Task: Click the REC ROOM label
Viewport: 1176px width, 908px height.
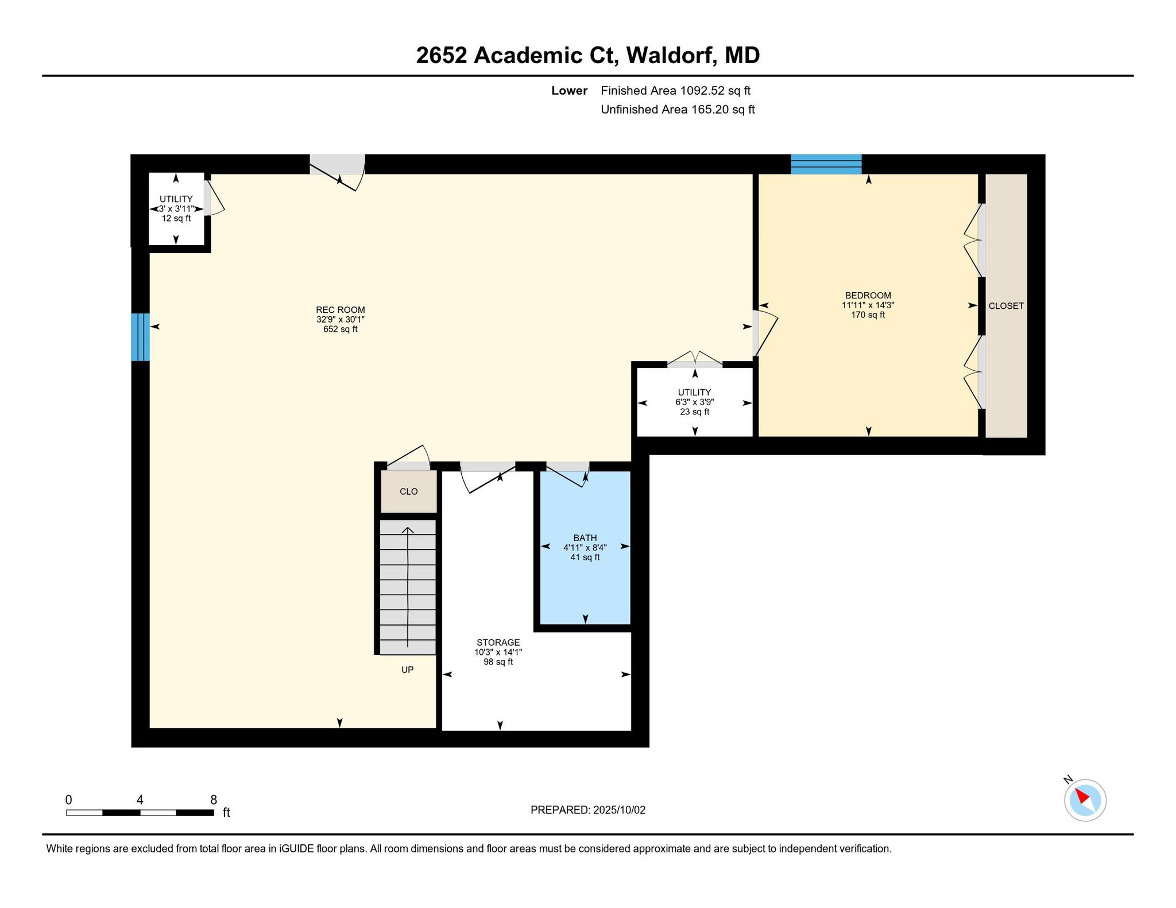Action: tap(341, 310)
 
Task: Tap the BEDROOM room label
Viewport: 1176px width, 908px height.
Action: tap(868, 296)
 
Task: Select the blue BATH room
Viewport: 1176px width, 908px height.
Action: tap(585, 548)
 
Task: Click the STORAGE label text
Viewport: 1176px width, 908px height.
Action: tap(498, 642)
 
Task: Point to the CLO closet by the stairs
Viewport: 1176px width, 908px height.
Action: tap(409, 491)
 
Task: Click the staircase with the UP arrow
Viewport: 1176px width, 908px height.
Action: tap(408, 587)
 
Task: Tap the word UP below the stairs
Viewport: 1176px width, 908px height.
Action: tap(407, 669)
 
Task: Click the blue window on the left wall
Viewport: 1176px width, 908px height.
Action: tap(141, 337)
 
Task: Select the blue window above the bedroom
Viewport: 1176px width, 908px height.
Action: tap(826, 164)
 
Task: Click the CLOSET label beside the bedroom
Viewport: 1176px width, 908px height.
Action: tap(1006, 306)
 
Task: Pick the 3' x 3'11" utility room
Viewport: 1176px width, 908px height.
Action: tap(176, 209)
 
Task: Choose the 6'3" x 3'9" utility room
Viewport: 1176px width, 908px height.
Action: tap(695, 402)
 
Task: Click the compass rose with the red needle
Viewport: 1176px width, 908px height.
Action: tap(1085, 800)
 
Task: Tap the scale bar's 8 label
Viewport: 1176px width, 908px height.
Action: tap(214, 800)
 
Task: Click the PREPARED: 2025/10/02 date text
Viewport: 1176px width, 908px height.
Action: tap(588, 810)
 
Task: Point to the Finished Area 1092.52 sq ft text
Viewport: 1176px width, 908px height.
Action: tap(676, 91)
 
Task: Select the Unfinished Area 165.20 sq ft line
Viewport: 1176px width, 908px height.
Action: tap(678, 110)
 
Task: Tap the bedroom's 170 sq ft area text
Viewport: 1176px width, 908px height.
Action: tap(868, 315)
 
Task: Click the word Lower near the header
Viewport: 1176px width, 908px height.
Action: tap(570, 91)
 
